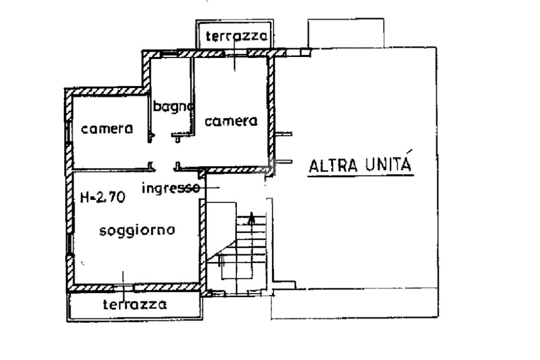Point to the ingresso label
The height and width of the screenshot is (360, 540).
click(x=171, y=188)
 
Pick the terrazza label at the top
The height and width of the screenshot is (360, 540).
click(x=234, y=36)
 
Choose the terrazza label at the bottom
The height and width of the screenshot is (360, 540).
click(x=135, y=304)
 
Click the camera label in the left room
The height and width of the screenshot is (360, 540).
click(x=107, y=129)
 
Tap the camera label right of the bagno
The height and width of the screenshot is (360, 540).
click(x=231, y=121)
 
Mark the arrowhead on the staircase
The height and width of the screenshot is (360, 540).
click(x=251, y=216)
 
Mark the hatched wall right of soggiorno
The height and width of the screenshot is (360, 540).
click(x=201, y=242)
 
